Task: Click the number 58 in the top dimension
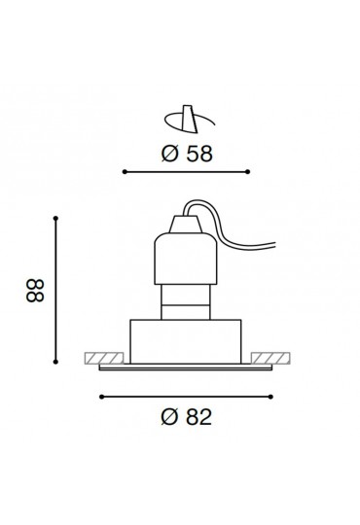coord(199,154)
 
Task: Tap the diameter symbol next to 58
coord(170,154)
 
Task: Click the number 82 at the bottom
coord(199,417)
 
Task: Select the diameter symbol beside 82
coord(169,417)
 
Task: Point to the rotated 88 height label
coord(35,291)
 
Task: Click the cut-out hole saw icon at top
coord(190,120)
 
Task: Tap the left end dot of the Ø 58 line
coord(125,172)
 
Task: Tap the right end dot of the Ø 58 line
coord(248,172)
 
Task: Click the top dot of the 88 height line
coord(55,219)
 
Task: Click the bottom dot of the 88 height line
coord(55,362)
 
